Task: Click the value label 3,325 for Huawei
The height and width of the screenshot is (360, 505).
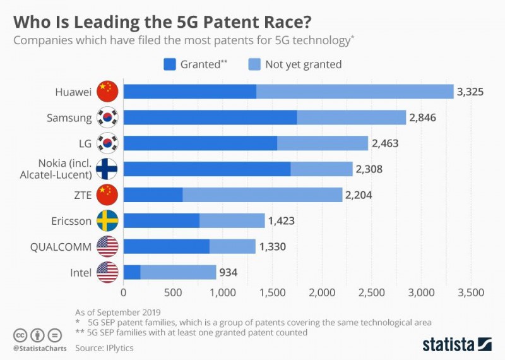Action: click(x=470, y=92)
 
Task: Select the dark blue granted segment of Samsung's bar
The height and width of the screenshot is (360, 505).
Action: click(x=210, y=117)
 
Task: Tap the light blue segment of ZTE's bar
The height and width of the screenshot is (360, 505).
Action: click(x=262, y=195)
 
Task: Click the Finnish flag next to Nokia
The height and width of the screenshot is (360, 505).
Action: click(x=107, y=169)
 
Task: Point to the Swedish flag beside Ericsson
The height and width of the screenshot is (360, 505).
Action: click(x=107, y=220)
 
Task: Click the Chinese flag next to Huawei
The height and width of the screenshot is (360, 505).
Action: click(x=107, y=92)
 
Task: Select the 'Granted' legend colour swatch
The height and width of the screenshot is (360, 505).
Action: click(x=169, y=64)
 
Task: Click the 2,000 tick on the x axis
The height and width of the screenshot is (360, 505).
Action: click(x=322, y=292)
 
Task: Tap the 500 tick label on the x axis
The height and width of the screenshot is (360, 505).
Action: click(x=173, y=292)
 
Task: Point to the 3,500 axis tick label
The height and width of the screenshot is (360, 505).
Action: click(x=470, y=292)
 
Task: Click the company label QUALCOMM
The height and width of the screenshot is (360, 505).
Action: click(x=61, y=246)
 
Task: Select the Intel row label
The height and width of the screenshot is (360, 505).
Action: click(x=80, y=272)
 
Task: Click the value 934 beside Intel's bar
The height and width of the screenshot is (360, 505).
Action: click(x=229, y=272)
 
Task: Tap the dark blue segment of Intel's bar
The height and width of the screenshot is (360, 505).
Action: click(x=132, y=272)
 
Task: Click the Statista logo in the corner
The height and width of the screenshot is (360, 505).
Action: click(x=456, y=344)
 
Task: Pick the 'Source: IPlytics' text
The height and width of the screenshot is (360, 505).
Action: click(x=104, y=347)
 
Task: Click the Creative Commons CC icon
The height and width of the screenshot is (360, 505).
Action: click(x=20, y=335)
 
